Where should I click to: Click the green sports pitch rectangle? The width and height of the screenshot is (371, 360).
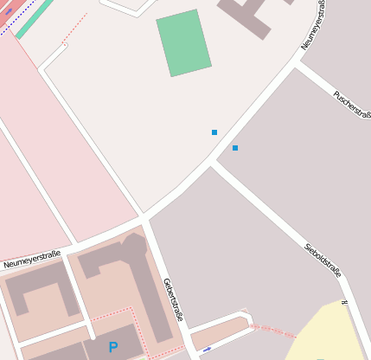tap(183, 42)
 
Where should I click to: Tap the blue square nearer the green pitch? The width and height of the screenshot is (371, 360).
tap(214, 132)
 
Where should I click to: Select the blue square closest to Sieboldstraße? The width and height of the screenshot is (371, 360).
tap(234, 148)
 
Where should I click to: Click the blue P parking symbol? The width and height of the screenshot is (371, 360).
tap(113, 347)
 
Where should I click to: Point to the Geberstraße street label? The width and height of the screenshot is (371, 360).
tap(173, 299)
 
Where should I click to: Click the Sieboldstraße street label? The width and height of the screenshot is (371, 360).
tap(323, 260)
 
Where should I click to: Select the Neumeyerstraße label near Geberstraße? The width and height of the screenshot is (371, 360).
tap(31, 259)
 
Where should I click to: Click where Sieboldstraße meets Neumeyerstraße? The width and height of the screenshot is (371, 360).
tap(212, 162)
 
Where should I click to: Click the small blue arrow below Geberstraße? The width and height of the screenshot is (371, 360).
tap(206, 349)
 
